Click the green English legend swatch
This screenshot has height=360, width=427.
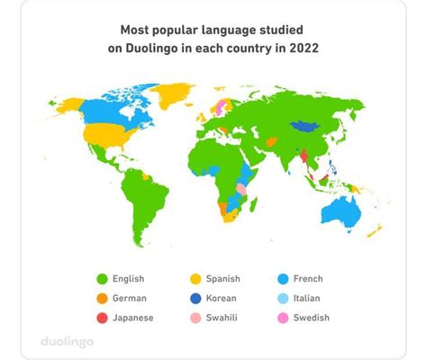tap(102, 279)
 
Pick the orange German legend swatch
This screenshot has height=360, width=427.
tap(102, 298)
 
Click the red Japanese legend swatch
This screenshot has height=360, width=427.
tap(102, 317)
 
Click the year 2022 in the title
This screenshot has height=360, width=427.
tap(303, 48)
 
